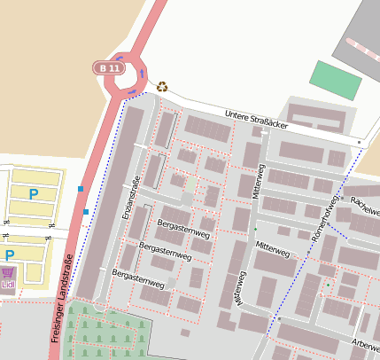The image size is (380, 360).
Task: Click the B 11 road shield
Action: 109,68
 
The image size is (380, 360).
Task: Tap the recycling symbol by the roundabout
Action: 162,86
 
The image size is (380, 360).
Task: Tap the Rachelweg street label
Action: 364,205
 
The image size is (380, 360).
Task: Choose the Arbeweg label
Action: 365,344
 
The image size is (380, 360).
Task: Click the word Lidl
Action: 9,285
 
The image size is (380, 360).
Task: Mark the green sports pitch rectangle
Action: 336,80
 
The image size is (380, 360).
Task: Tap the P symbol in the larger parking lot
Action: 34,194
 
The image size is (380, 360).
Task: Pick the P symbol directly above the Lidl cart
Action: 10,255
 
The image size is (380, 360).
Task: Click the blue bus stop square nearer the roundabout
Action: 81,189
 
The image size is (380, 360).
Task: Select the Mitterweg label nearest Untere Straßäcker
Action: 260,180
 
